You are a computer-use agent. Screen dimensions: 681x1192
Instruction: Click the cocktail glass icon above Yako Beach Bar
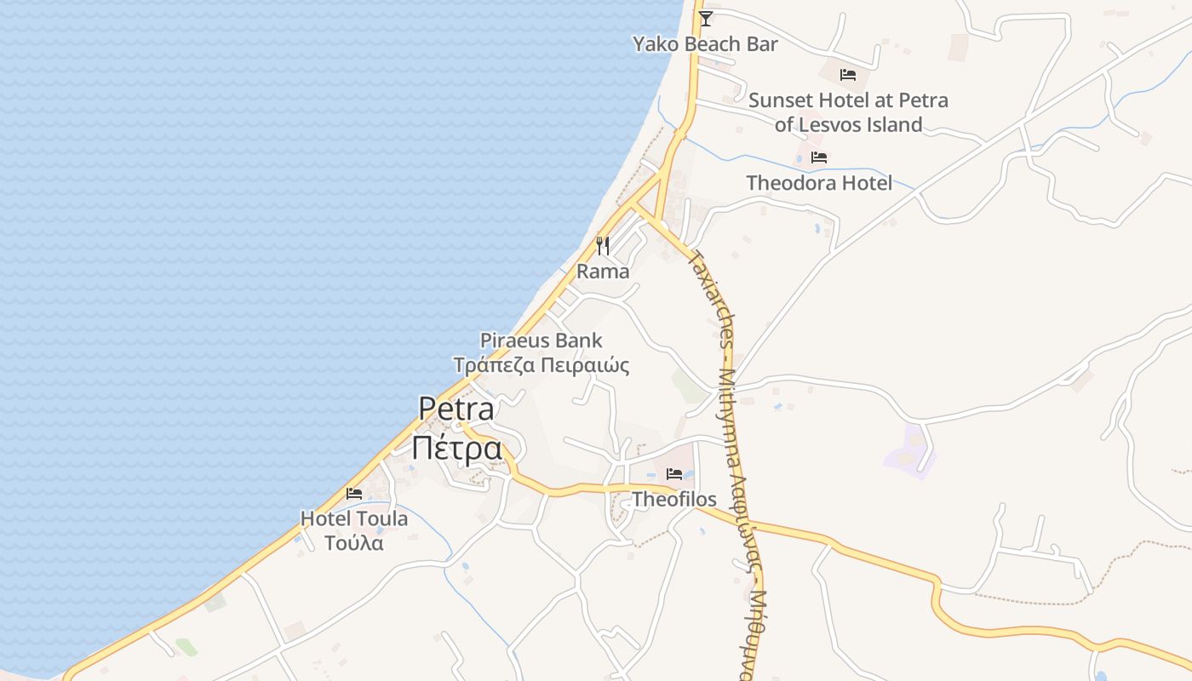[705, 18]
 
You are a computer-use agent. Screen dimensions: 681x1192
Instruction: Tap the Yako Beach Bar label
[705, 43]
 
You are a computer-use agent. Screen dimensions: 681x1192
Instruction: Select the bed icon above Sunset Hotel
[847, 75]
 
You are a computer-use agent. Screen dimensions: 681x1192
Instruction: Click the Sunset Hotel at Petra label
[848, 100]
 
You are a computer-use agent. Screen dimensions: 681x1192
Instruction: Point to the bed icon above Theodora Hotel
[819, 157]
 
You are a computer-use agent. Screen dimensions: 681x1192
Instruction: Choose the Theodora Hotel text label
[819, 183]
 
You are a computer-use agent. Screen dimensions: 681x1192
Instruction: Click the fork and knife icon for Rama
[603, 246]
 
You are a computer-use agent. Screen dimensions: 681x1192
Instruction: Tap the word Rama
[603, 272]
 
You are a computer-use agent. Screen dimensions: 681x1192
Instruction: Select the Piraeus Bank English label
[541, 340]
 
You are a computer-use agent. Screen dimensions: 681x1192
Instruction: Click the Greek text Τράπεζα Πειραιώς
[541, 366]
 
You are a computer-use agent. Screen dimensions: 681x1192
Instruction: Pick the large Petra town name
[456, 409]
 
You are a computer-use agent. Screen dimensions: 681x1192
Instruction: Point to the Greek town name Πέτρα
[456, 448]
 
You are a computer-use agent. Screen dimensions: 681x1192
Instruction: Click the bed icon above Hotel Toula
[354, 494]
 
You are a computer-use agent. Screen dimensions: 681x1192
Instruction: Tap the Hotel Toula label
[354, 518]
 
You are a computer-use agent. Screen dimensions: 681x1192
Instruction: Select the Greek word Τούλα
[354, 543]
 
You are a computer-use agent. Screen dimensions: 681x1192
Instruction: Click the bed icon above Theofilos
[674, 474]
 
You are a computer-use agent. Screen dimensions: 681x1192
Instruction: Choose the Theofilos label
[674, 500]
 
